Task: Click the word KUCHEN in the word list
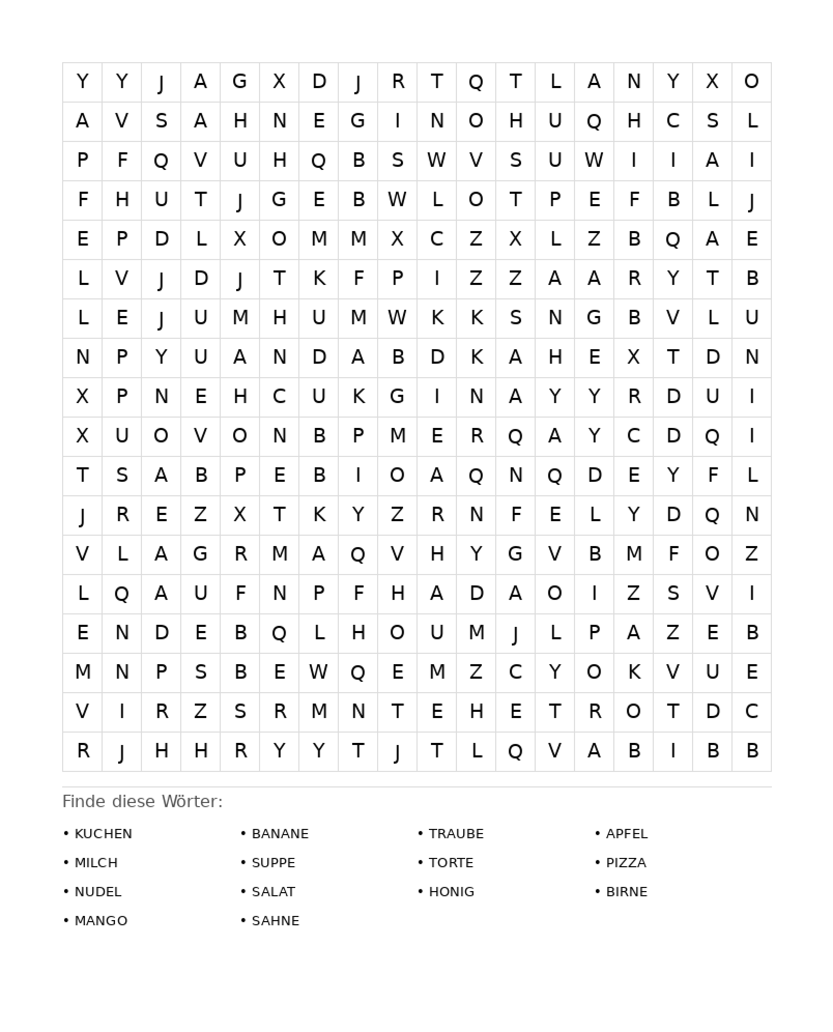(103, 834)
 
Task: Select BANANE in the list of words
(280, 834)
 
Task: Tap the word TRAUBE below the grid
(456, 834)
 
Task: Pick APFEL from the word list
(627, 834)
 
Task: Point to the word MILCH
(96, 863)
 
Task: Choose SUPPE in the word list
(273, 863)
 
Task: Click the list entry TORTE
(451, 863)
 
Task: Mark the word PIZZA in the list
(626, 863)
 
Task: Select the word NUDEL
(98, 892)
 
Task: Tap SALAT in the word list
(273, 892)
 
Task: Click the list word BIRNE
(627, 892)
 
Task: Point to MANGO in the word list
(101, 921)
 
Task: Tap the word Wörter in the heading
(192, 801)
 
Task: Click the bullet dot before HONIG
(421, 891)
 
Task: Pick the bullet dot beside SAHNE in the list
(243, 920)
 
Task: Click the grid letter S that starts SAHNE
(161, 121)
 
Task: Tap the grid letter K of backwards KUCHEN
(358, 396)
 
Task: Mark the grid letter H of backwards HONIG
(515, 121)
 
